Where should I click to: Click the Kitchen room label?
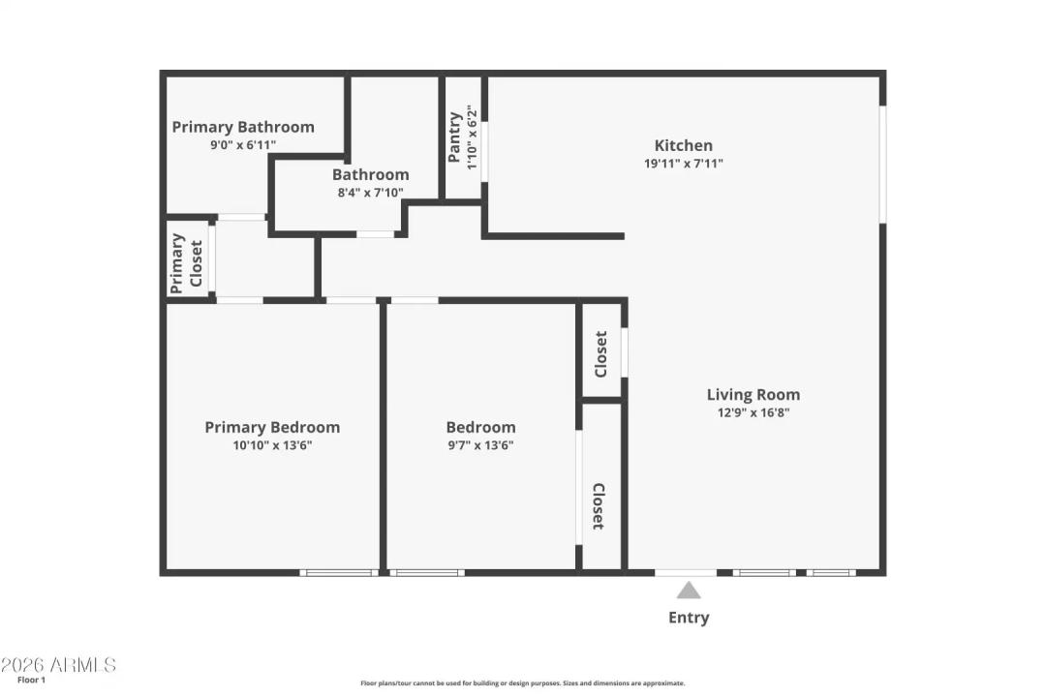(683, 145)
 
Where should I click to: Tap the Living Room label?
(753, 394)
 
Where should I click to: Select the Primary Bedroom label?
(272, 427)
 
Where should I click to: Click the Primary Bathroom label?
(243, 127)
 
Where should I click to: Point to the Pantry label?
(454, 137)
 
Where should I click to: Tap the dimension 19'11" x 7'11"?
(683, 164)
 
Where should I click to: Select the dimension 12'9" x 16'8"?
(753, 412)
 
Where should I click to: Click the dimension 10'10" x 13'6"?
(272, 445)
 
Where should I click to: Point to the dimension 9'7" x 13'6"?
(480, 445)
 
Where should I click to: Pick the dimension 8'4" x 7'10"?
(370, 193)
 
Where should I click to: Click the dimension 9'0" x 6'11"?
(243, 145)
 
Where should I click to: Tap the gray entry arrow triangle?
(688, 591)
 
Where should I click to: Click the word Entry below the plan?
(689, 618)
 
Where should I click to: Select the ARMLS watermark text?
(58, 665)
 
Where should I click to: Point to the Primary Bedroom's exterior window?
(338, 572)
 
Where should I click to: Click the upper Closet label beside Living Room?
(600, 354)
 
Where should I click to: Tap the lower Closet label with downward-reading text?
(598, 506)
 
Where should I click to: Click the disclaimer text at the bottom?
(522, 682)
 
